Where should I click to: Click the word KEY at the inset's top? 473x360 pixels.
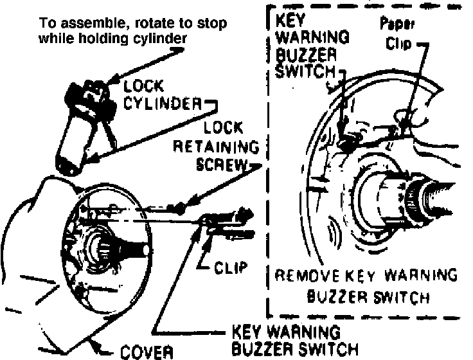[x=286, y=19]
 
